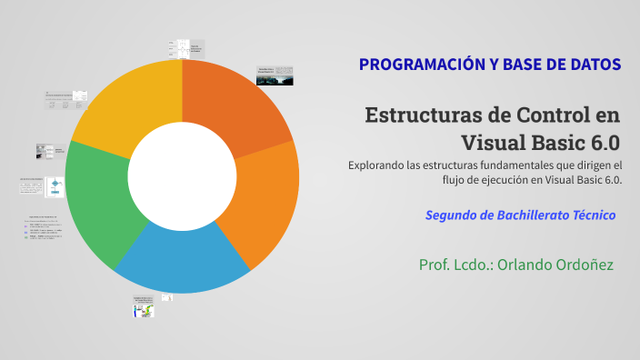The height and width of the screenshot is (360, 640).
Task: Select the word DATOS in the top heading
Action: click(x=592, y=65)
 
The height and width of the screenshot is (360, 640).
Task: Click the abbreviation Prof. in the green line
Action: click(x=437, y=265)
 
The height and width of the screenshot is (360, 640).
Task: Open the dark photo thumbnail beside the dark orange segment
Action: click(x=275, y=76)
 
